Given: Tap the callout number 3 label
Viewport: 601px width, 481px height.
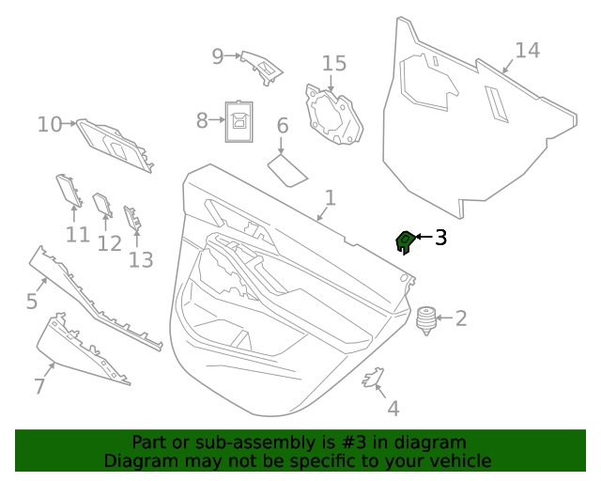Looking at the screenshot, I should pyautogui.click(x=439, y=238).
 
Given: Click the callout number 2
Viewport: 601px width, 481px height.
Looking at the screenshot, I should pyautogui.click(x=460, y=318).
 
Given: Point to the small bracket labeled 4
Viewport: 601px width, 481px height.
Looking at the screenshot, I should pyautogui.click(x=374, y=378).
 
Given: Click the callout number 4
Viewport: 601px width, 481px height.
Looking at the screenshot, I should pyautogui.click(x=393, y=409).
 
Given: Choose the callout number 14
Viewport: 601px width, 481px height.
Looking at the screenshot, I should pyautogui.click(x=528, y=51).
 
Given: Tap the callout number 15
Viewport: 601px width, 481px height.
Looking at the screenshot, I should pyautogui.click(x=334, y=64).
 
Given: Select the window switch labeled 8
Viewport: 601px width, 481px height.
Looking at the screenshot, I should pyautogui.click(x=239, y=121).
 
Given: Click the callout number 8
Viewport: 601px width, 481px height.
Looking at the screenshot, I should pyautogui.click(x=202, y=121).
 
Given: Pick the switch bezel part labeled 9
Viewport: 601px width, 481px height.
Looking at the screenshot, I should pyautogui.click(x=262, y=67).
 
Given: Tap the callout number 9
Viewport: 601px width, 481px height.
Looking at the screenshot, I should pyautogui.click(x=218, y=56).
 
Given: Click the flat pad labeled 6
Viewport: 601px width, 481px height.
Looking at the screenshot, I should pyautogui.click(x=287, y=170).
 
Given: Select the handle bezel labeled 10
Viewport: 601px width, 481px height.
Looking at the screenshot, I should pyautogui.click(x=115, y=147).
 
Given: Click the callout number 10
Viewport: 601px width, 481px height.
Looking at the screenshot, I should pyautogui.click(x=50, y=124).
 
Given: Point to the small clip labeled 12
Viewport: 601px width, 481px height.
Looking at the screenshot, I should pyautogui.click(x=102, y=205).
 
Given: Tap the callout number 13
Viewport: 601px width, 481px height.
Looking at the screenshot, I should pyautogui.click(x=141, y=260).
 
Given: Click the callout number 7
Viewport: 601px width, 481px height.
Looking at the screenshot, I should pyautogui.click(x=39, y=386).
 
